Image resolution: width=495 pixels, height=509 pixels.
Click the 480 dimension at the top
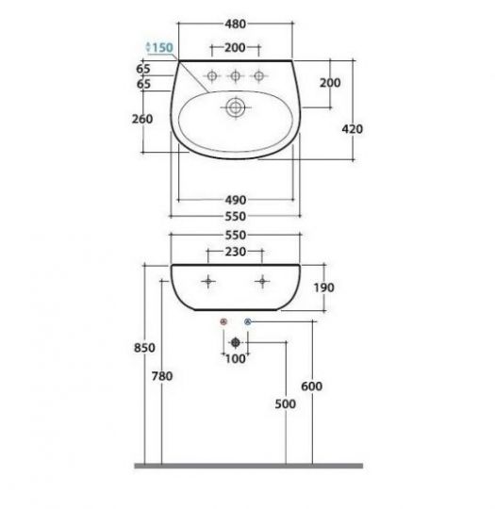click(x=235, y=24)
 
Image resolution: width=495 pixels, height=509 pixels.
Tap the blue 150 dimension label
click(x=162, y=48)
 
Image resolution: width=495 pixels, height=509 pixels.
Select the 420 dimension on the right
click(x=352, y=129)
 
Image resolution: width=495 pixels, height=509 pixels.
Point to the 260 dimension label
click(x=142, y=119)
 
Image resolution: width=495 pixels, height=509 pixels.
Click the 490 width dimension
click(x=236, y=200)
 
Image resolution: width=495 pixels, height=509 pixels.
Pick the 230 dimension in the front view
click(x=236, y=252)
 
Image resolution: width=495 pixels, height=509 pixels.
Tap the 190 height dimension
click(x=323, y=287)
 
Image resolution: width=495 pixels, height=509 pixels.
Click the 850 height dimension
click(x=144, y=348)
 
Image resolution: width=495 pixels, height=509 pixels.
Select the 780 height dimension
click(x=162, y=376)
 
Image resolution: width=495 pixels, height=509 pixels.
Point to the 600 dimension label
click(x=312, y=386)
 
